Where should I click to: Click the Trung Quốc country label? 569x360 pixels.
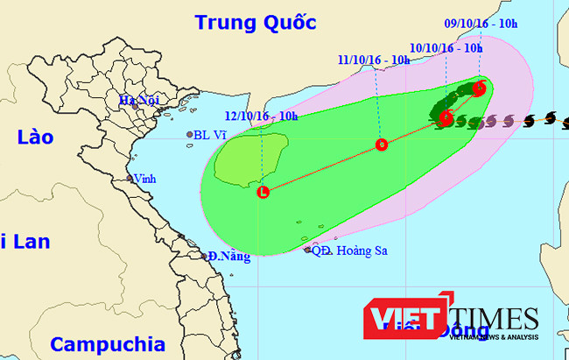pos(255,22)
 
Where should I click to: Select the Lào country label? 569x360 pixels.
pos(34,138)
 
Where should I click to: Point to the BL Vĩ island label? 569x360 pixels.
pos(214,135)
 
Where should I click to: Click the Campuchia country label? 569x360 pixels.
pos(107,342)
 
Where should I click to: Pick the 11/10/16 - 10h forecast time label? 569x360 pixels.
pos(374,60)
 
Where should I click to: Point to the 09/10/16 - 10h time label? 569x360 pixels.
pos(481,24)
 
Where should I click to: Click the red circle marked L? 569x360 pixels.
pos(263,192)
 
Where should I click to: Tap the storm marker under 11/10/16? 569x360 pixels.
pos(381,145)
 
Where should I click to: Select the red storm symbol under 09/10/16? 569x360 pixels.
pos(479,88)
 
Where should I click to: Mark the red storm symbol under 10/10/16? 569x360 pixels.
pos(446,118)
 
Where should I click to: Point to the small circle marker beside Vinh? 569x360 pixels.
pos(129,179)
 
